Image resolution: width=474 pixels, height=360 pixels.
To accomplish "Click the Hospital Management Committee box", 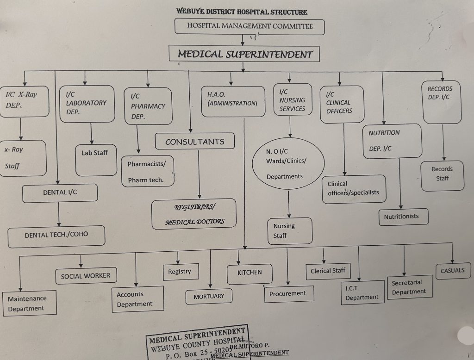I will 249,26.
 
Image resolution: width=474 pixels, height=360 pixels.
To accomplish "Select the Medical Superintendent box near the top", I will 245,54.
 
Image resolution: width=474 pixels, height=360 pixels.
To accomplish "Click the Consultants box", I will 194,142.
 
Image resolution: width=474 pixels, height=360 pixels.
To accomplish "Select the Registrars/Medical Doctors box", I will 194,214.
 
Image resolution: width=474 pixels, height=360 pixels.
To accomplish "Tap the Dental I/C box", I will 60,192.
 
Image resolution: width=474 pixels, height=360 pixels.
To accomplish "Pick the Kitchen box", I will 249,273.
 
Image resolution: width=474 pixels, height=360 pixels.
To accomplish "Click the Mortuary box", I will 209,296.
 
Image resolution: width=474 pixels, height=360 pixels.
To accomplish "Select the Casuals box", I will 452,271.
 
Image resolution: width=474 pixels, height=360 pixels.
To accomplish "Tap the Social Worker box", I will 86,276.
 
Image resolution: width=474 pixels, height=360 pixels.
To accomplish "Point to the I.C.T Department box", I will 362,293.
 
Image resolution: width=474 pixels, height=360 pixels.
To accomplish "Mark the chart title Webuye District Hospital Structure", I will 242,12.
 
